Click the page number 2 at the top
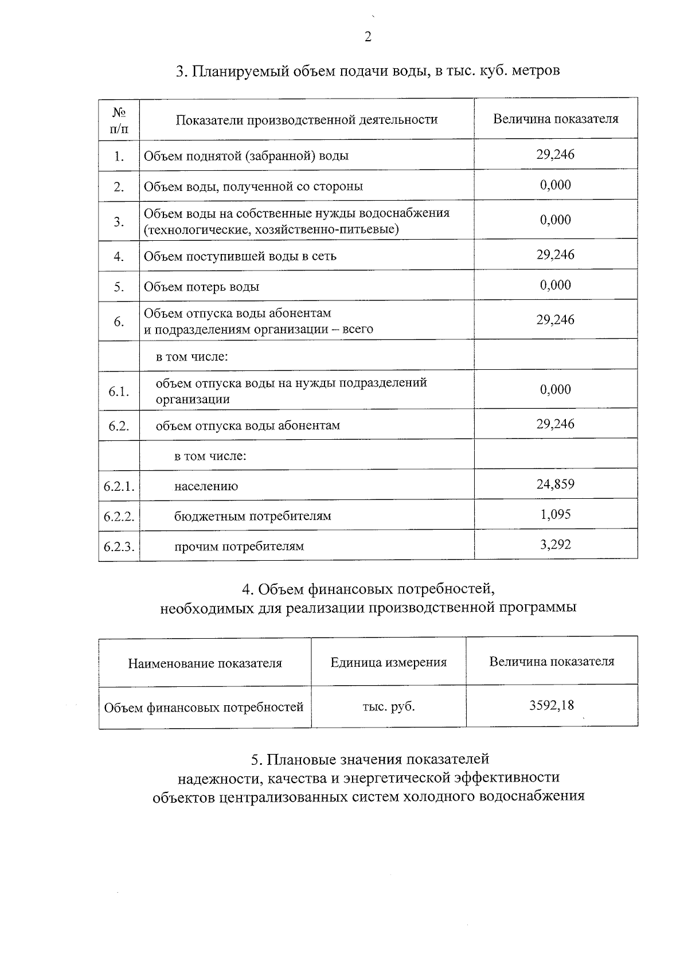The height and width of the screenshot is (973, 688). (x=368, y=37)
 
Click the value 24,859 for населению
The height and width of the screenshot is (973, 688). (x=555, y=484)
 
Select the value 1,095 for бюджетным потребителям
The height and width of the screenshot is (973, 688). (x=555, y=514)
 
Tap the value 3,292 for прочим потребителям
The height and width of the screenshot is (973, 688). (x=555, y=544)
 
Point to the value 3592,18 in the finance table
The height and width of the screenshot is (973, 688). (x=551, y=705)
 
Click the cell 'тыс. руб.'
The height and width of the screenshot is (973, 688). (x=388, y=707)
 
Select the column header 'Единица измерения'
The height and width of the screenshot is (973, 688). (x=388, y=662)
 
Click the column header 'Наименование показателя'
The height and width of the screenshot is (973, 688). (x=205, y=663)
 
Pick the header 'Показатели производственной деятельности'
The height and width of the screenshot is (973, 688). (x=306, y=120)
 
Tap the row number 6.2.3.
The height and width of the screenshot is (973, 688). (x=119, y=546)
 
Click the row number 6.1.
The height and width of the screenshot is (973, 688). (x=119, y=392)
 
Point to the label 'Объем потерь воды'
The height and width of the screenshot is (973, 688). (x=201, y=287)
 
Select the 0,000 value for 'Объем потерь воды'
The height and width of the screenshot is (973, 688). (x=555, y=285)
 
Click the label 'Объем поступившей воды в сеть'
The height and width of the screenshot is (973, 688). (x=240, y=256)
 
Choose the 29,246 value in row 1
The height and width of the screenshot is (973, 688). (x=555, y=154)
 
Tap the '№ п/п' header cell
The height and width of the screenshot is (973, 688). (x=119, y=120)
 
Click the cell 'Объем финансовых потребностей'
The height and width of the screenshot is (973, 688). (x=204, y=708)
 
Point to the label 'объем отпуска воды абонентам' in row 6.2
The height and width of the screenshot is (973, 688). (x=248, y=425)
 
